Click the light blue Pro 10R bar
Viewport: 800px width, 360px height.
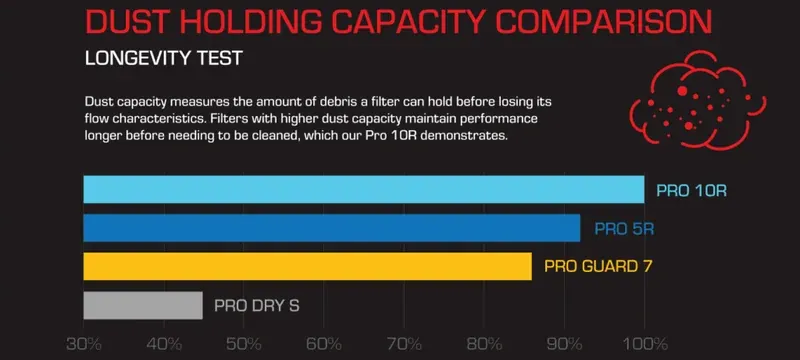pos(364,189)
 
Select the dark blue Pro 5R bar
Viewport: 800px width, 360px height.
pos(332,228)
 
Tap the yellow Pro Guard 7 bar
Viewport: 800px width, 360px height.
pos(308,266)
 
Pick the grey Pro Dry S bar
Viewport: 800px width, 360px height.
pos(143,305)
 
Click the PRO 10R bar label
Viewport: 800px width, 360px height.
pos(691,191)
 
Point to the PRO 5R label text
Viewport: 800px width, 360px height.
pos(624,229)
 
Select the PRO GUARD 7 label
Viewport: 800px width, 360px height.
pos(598,267)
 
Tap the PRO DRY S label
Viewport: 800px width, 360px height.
pos(257,306)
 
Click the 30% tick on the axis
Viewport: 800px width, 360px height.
pos(84,344)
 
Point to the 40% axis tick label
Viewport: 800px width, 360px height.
pos(164,344)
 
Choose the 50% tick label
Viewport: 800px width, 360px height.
pos(244,344)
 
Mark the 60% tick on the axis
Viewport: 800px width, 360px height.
pos(324,344)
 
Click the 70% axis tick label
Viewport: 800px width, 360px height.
pos(404,344)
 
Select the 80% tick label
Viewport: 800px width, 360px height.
pos(484,344)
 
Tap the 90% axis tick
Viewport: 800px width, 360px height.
pos(564,344)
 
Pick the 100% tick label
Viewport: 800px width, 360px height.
pos(645,344)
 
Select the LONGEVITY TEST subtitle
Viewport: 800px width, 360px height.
pos(163,58)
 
